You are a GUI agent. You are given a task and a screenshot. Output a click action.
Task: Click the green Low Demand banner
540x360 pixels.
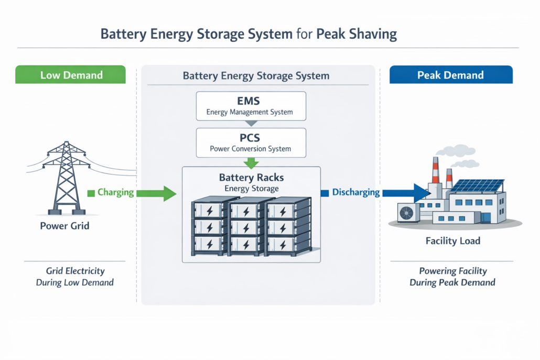[71, 75]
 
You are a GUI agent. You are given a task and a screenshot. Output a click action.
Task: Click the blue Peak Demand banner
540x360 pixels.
[450, 75]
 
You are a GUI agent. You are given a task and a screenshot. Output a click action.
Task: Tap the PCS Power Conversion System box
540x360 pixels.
[250, 142]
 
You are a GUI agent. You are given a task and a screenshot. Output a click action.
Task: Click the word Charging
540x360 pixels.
[115, 192]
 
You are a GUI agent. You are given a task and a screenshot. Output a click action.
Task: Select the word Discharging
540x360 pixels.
[356, 192]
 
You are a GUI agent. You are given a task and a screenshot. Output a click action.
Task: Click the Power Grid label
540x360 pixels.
[65, 227]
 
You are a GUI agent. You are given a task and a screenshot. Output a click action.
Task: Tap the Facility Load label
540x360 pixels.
[452, 242]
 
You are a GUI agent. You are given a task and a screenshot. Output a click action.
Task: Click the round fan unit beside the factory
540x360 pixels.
[407, 212]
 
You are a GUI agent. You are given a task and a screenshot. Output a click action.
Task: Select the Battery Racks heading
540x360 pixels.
[252, 178]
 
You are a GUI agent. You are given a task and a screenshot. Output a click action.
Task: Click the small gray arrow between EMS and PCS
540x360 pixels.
[252, 124]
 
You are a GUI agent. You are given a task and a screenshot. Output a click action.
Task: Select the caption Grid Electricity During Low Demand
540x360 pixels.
[75, 277]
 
